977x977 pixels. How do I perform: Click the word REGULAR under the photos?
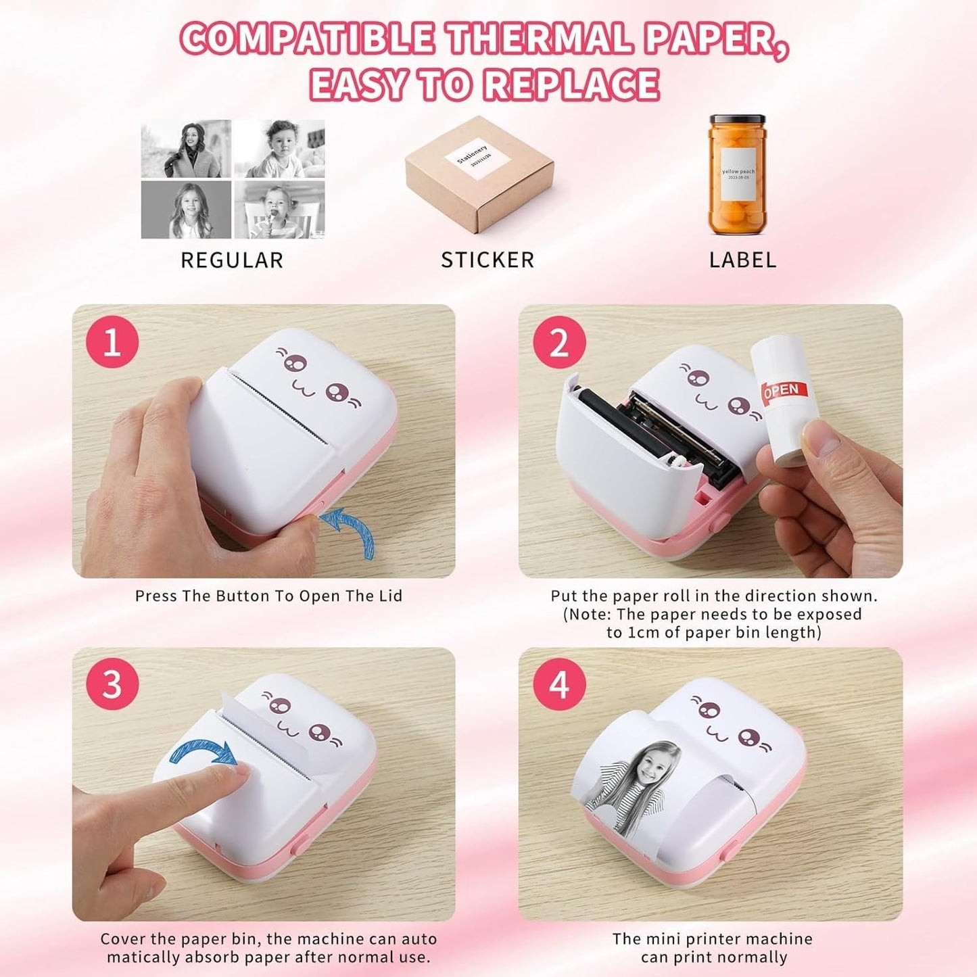coord(232,260)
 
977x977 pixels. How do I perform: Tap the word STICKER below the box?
coord(487,260)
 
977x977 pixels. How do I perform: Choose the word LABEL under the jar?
coord(742,260)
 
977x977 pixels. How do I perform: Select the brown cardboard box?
coord(479,176)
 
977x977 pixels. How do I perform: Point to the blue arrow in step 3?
coord(203,751)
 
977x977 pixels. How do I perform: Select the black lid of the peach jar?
coord(737,120)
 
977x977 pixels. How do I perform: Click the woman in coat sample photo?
coord(186,149)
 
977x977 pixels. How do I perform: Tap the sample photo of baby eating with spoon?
coord(279,210)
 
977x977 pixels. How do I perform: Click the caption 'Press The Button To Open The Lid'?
coord(268,596)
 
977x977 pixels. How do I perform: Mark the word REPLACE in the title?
coord(572,85)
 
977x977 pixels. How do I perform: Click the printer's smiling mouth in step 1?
coord(302,387)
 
